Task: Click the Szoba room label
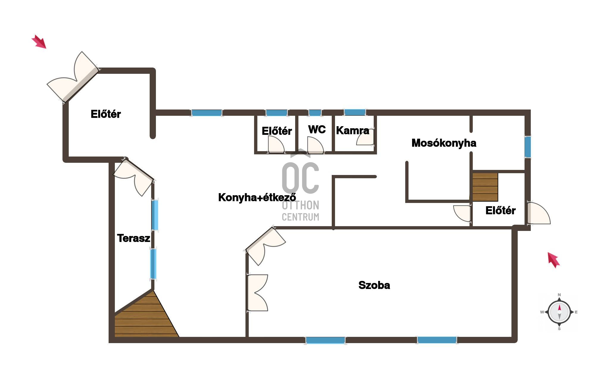pyautogui.click(x=374, y=285)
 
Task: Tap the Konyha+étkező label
pyautogui.click(x=257, y=197)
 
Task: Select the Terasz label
pyautogui.click(x=133, y=238)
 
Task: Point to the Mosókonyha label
pyautogui.click(x=444, y=143)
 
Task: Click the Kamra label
pyautogui.click(x=353, y=130)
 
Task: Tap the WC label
pyautogui.click(x=317, y=129)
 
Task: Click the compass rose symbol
pyautogui.click(x=559, y=312)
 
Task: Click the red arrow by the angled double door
pyautogui.click(x=39, y=41)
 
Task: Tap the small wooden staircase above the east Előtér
pyautogui.click(x=485, y=187)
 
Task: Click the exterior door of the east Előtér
pyautogui.click(x=539, y=213)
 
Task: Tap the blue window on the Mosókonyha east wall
pyautogui.click(x=528, y=147)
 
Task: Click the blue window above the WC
pyautogui.click(x=315, y=113)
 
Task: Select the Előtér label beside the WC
pyautogui.click(x=277, y=131)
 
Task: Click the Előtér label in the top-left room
pyautogui.click(x=106, y=114)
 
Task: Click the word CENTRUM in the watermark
pyautogui.click(x=300, y=217)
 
